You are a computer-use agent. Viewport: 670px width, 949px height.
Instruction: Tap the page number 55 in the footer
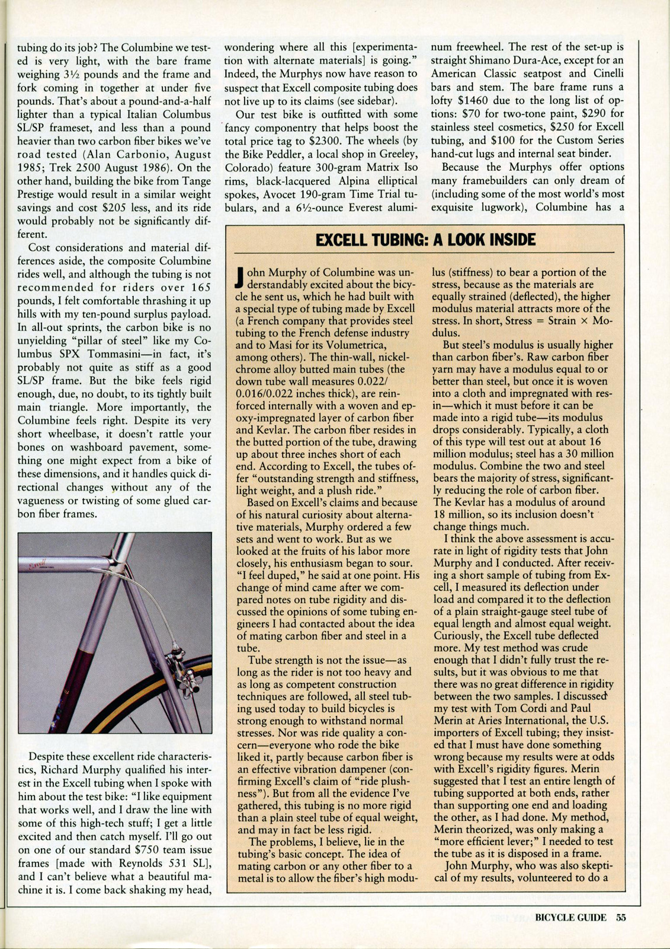tap(620, 917)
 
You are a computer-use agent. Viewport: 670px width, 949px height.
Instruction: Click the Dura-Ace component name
tap(527, 60)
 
